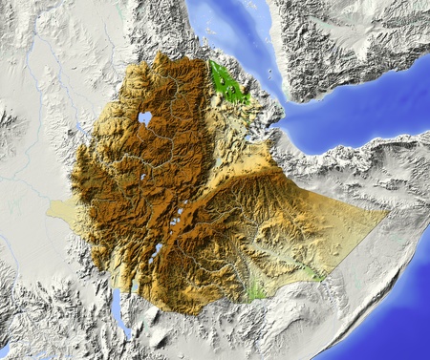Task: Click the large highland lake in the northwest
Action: click(145, 118)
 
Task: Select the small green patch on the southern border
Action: click(255, 289)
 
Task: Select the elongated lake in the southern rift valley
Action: click(156, 253)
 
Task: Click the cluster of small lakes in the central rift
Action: click(178, 219)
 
